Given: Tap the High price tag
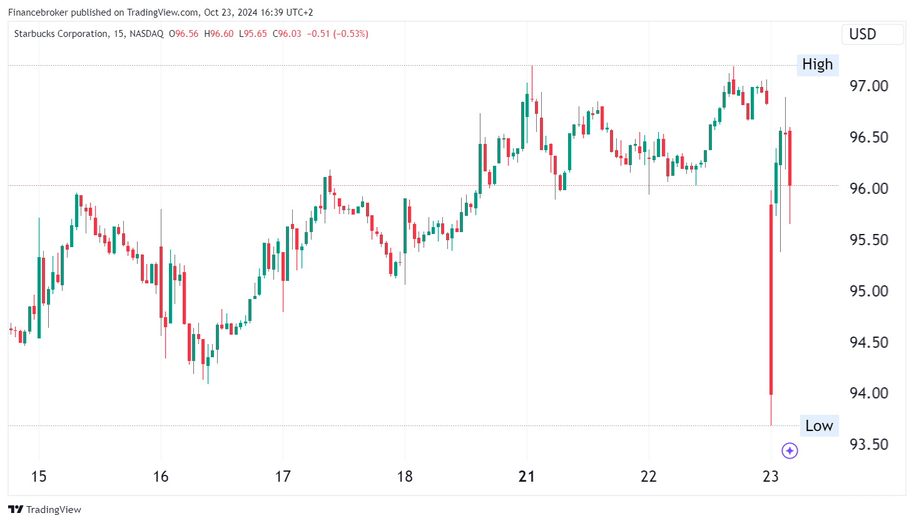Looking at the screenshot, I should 817,64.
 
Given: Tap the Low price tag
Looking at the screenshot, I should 818,426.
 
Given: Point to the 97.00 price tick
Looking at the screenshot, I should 868,86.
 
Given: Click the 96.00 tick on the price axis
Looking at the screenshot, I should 868,188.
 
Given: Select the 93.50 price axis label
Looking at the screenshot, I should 868,444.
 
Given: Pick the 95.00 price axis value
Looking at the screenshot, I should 868,291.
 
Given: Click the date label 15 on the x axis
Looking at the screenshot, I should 39,477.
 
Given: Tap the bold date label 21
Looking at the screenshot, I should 527,477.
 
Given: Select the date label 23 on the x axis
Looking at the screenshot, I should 771,477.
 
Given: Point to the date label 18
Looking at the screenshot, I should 405,477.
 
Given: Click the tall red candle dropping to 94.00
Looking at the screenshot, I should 771,300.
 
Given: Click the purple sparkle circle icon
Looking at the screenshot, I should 790,450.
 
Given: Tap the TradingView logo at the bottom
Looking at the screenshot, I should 44,509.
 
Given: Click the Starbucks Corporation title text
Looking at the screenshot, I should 61,34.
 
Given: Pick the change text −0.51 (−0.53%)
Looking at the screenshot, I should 337,34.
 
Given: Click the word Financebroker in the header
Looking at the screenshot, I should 38,13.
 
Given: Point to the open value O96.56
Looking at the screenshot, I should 183,34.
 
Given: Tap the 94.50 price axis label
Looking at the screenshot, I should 868,342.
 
